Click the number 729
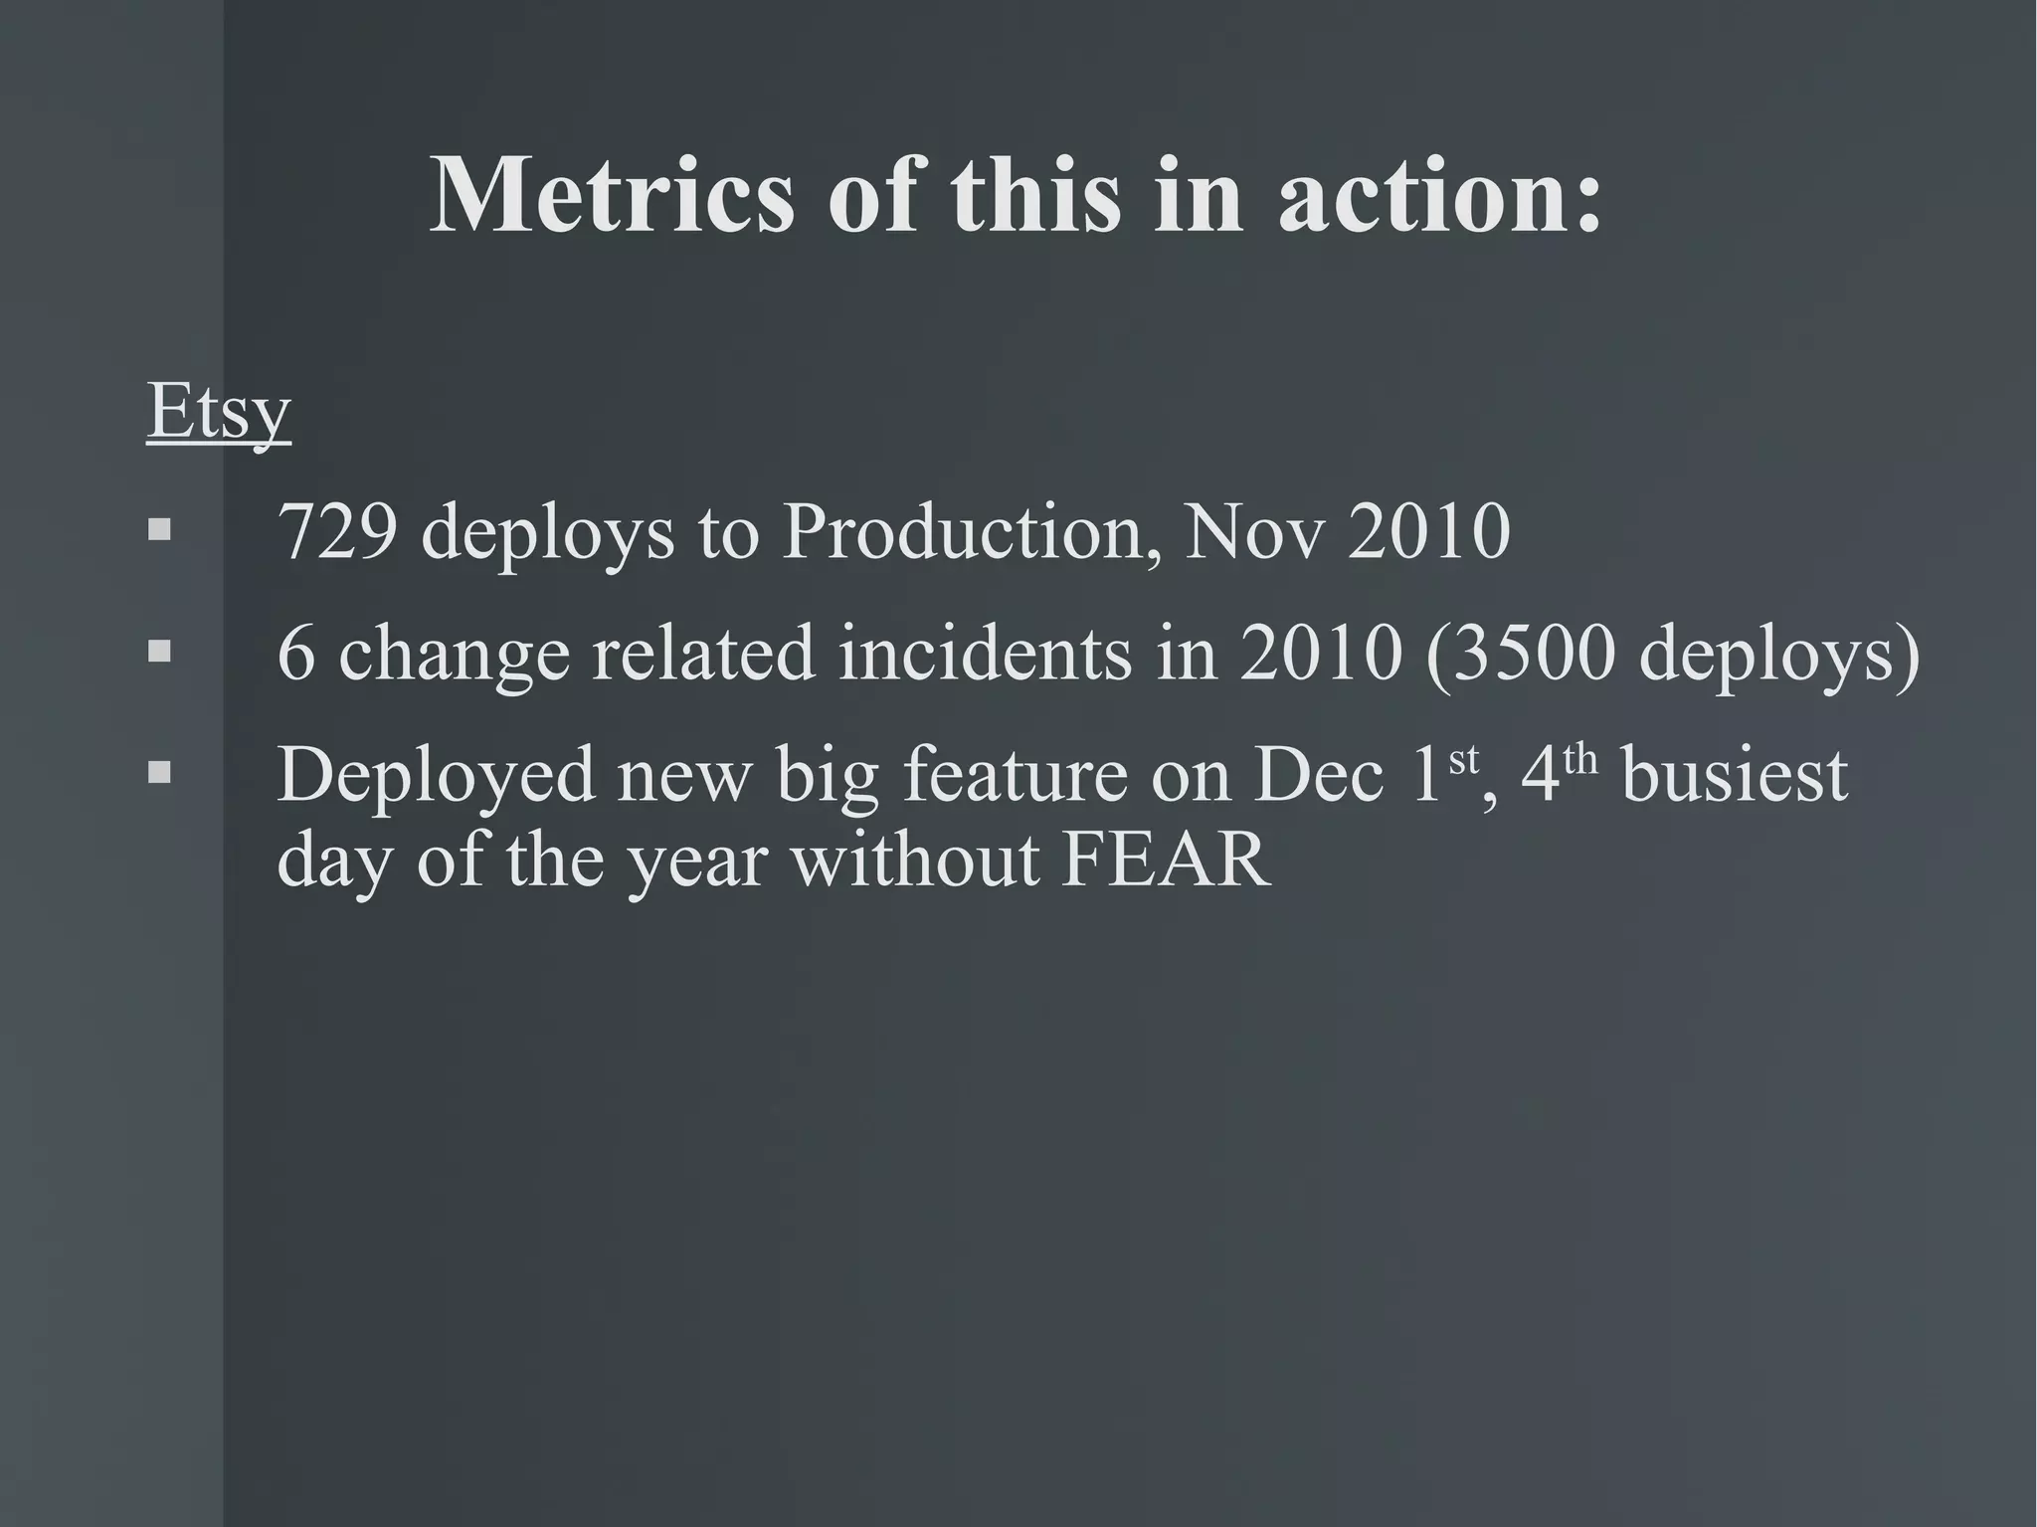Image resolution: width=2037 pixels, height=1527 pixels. point(338,532)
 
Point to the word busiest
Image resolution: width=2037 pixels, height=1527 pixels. point(1735,775)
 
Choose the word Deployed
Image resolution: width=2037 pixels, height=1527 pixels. point(436,775)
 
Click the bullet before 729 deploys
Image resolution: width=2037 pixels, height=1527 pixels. point(159,529)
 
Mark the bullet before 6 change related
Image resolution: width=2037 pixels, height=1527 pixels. point(159,652)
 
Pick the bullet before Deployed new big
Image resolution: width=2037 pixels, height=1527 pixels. point(159,772)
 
